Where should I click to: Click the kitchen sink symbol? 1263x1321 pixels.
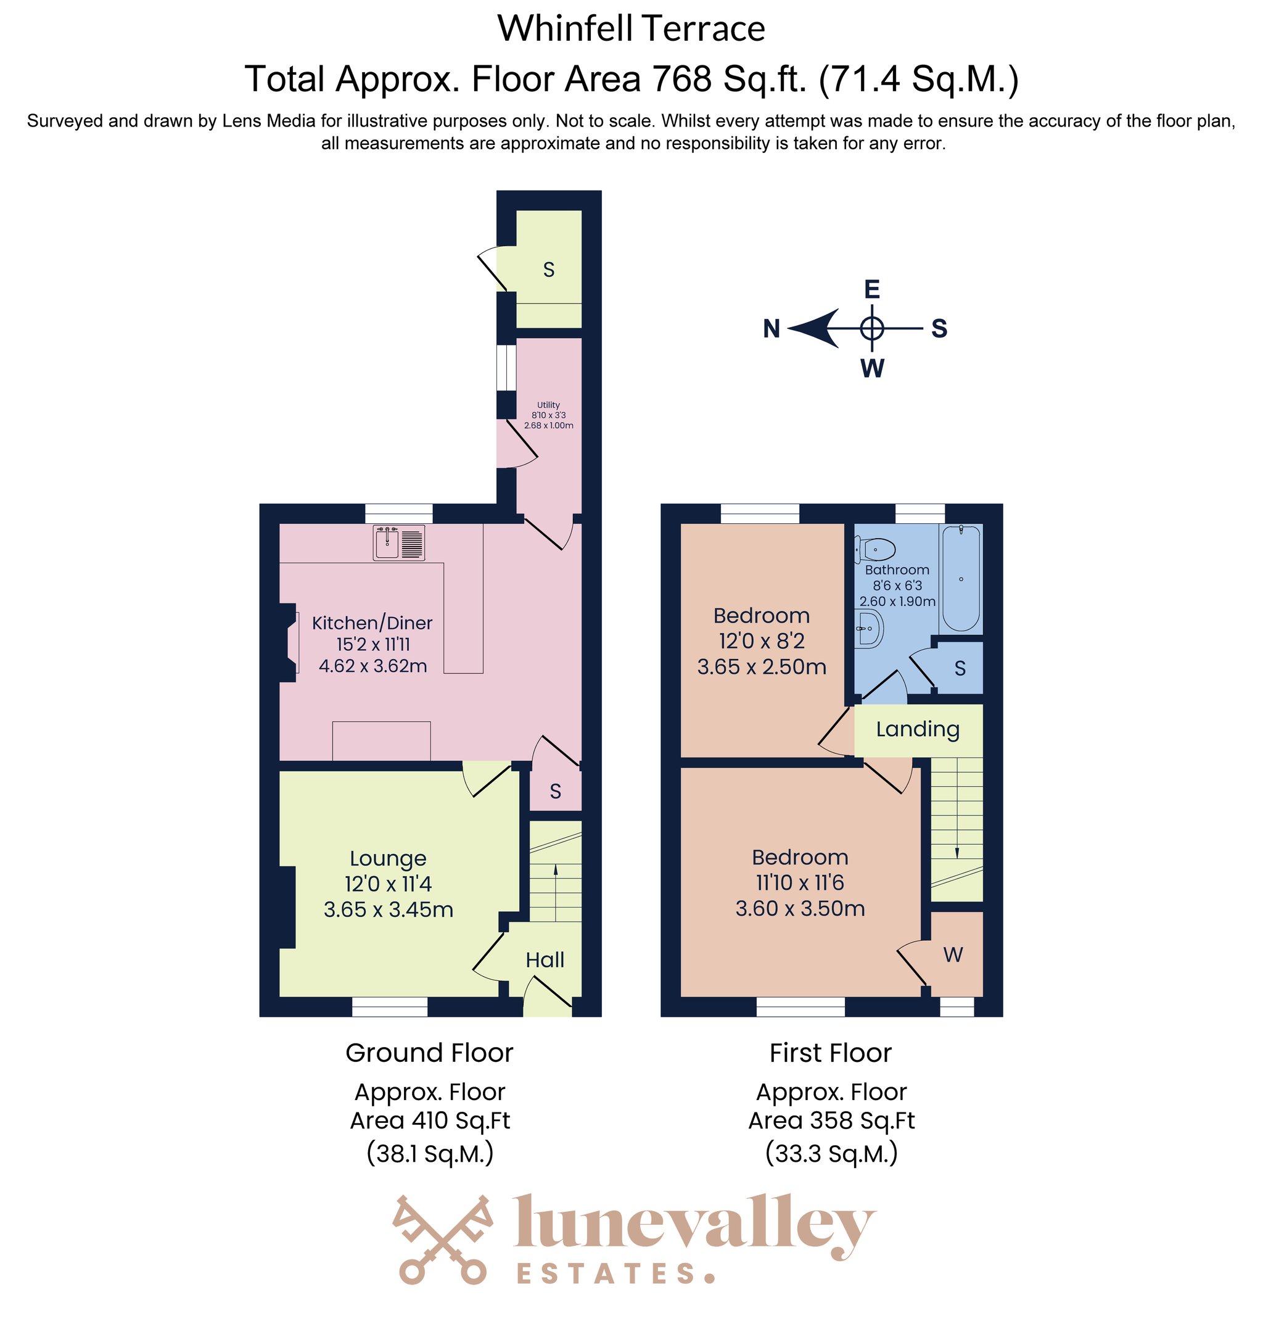(x=399, y=543)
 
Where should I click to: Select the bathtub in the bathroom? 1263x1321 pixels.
(x=961, y=578)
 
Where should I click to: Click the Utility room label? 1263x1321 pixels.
(x=549, y=405)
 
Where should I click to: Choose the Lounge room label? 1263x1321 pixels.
(x=388, y=858)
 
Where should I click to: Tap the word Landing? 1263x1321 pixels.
(x=918, y=729)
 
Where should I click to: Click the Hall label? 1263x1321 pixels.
(x=545, y=960)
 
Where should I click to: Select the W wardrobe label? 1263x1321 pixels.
(x=953, y=955)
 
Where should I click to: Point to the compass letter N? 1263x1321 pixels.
(x=771, y=329)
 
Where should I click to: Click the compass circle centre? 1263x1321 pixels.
(x=872, y=329)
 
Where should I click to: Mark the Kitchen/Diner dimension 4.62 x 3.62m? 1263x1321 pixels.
(x=372, y=666)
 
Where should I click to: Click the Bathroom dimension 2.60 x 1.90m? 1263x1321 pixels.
(x=897, y=601)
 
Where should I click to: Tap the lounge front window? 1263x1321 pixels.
(x=389, y=1006)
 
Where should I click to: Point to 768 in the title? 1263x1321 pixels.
(x=681, y=79)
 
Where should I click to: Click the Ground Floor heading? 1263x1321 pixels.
(x=429, y=1053)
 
